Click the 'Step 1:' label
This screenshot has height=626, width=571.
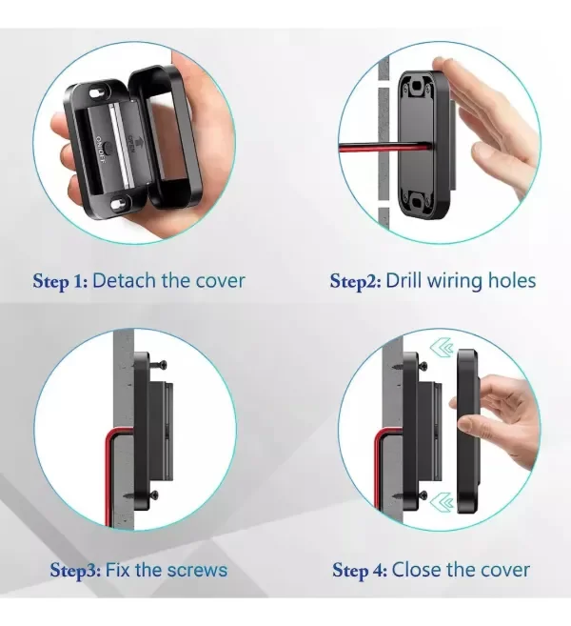tap(60, 281)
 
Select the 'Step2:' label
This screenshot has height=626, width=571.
tap(355, 281)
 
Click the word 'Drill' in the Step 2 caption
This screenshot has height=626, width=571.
tap(404, 280)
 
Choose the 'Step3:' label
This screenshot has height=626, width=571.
tap(75, 570)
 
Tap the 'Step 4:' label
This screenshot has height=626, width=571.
tap(360, 570)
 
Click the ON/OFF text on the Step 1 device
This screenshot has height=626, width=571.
tap(101, 150)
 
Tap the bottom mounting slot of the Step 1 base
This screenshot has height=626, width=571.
tap(118, 204)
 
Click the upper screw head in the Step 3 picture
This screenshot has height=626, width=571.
tap(164, 365)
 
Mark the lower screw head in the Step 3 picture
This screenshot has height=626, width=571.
tap(155, 496)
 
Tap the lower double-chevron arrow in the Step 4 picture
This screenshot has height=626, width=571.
tap(442, 501)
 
